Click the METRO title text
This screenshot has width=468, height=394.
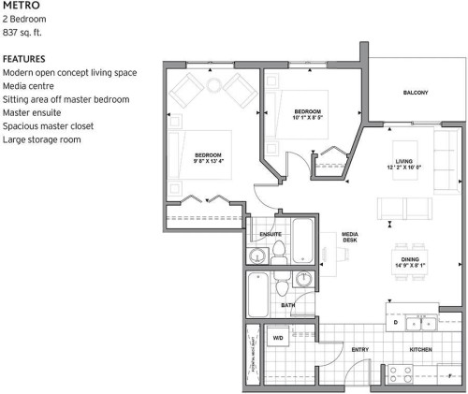tap(21, 6)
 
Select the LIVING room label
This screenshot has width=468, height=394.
tap(404, 161)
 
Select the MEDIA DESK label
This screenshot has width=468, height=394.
tap(349, 238)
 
